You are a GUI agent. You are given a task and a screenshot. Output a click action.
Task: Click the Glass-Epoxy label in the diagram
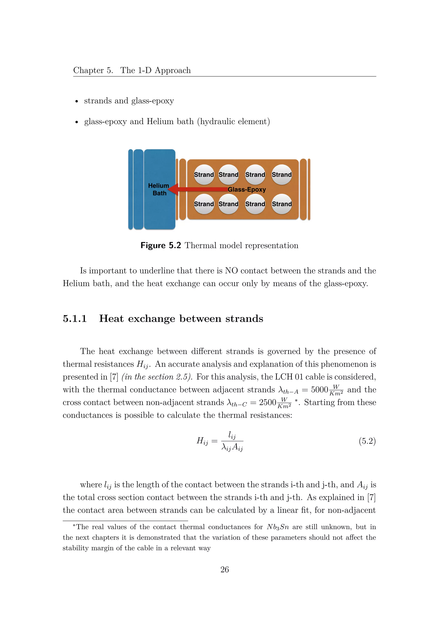(247, 189)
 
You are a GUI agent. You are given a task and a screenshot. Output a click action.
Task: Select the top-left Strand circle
(204, 175)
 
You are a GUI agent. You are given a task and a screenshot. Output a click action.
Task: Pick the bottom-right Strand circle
(282, 204)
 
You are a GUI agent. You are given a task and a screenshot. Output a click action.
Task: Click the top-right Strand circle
(282, 175)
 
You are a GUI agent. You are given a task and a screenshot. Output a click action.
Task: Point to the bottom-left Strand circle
(204, 204)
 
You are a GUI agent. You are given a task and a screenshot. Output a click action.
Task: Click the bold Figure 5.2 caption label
(161, 246)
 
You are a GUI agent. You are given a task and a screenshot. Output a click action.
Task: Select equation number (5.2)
(367, 441)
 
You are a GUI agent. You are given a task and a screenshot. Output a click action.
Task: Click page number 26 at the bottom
(224, 569)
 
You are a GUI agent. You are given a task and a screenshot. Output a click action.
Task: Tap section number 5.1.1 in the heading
(75, 319)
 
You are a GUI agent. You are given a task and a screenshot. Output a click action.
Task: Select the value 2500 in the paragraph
(267, 402)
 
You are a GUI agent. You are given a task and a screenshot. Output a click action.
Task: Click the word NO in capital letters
(231, 271)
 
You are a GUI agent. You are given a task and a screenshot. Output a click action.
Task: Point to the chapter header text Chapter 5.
(93, 70)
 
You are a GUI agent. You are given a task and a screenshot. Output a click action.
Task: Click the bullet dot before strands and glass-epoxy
(77, 101)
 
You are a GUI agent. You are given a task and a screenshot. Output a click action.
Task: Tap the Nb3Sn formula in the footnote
(278, 527)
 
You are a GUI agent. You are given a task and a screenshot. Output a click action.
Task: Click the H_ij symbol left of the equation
(202, 441)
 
